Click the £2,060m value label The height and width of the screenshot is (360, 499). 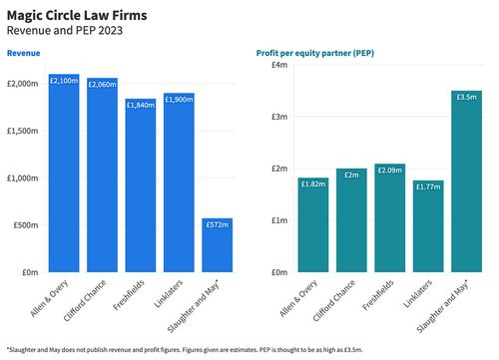point(102,85)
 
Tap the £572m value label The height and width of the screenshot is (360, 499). point(218,225)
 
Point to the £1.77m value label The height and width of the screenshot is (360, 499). point(428,186)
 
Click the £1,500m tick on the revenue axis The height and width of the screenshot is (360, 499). point(24,131)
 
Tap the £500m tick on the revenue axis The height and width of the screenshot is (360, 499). point(26,225)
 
